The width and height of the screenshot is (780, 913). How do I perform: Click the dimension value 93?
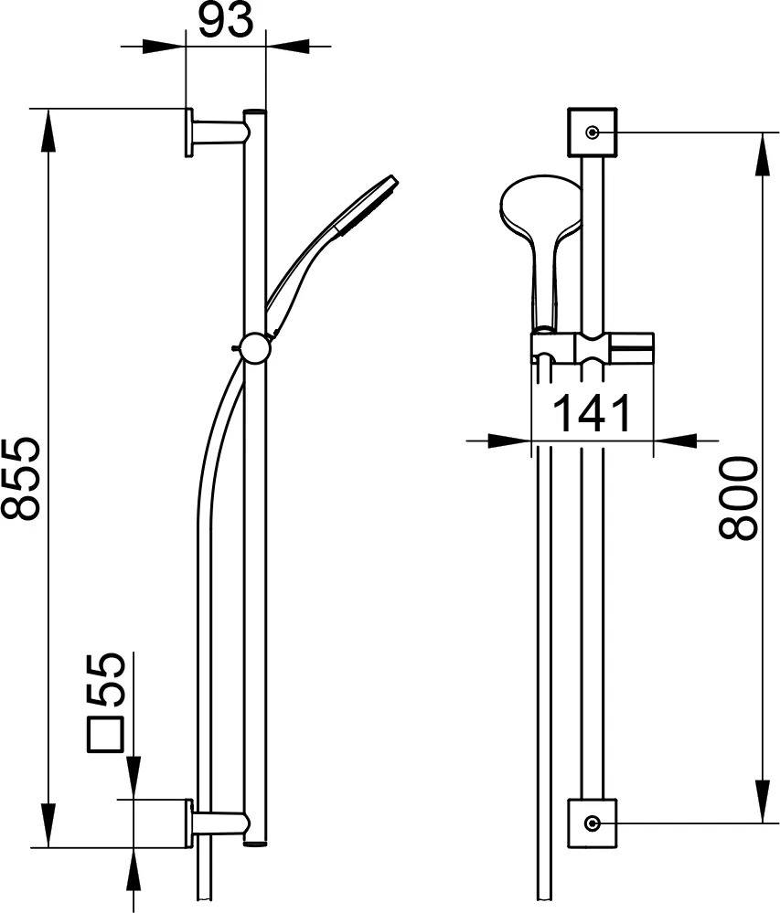point(226,21)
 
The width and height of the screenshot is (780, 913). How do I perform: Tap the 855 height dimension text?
point(20,479)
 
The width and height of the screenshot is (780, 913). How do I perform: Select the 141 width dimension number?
point(593,414)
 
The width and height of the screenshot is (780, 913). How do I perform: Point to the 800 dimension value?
point(739,498)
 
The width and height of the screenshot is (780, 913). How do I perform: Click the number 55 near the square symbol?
point(105,680)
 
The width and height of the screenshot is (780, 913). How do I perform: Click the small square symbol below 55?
point(105,736)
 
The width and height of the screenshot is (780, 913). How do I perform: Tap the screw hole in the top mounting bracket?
point(593,133)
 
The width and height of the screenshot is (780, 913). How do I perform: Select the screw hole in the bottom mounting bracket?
point(593,823)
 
